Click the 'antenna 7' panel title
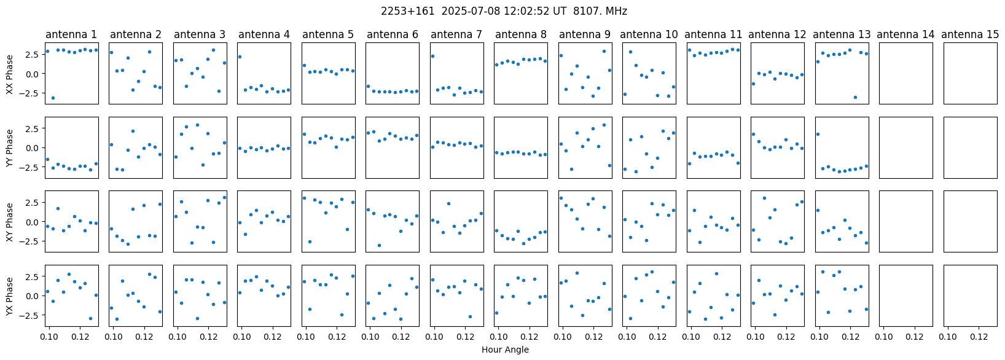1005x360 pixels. tap(456, 34)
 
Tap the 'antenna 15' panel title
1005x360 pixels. tap(970, 34)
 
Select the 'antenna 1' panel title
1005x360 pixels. tap(71, 34)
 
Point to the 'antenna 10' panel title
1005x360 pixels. tap(649, 34)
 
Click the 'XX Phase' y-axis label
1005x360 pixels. tap(10, 74)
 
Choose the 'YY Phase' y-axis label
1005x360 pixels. tap(10, 147)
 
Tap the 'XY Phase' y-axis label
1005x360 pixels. tap(10, 222)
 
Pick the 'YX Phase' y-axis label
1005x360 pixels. tap(10, 296)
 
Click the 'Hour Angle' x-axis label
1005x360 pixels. tap(505, 350)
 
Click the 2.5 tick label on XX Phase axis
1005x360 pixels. tap(32, 54)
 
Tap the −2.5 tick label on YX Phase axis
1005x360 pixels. tap(29, 315)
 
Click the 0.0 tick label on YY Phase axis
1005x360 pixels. tap(32, 148)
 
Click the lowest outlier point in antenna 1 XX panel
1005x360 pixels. tap(53, 98)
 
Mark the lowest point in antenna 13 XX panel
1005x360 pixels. tap(855, 97)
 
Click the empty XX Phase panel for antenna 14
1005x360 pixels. tap(906, 73)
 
